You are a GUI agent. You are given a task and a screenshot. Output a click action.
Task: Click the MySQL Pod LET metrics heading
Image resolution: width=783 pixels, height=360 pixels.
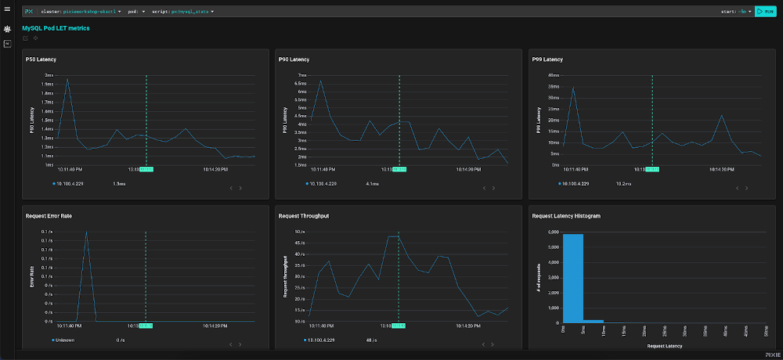tap(56, 28)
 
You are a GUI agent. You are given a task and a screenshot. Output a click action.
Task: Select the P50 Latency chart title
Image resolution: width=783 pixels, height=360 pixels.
tap(42, 59)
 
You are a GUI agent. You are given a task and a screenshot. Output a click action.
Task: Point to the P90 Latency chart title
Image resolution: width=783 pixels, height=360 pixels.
tap(294, 59)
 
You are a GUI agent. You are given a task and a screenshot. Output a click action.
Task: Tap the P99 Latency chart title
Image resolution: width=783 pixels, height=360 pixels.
tap(547, 59)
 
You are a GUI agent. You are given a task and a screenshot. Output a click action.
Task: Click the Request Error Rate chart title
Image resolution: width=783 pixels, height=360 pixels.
tap(49, 215)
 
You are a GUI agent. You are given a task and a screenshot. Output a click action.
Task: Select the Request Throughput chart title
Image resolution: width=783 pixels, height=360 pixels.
tap(303, 215)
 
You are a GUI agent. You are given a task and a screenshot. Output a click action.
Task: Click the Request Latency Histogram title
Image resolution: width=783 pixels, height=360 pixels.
tap(566, 215)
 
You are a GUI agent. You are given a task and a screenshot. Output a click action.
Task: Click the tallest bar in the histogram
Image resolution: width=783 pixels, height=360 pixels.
tap(573, 278)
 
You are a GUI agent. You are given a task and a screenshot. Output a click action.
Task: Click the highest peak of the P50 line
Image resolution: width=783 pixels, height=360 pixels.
tap(67, 78)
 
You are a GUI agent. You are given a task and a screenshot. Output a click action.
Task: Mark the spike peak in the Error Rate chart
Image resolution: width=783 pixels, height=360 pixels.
tap(86, 232)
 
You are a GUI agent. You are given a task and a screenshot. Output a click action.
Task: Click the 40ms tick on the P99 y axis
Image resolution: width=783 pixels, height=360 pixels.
tap(553, 75)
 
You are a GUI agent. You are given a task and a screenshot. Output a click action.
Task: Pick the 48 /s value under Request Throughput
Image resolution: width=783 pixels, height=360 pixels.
tap(372, 340)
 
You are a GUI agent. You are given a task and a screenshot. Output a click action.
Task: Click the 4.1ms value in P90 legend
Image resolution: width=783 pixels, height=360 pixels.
tap(372, 183)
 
